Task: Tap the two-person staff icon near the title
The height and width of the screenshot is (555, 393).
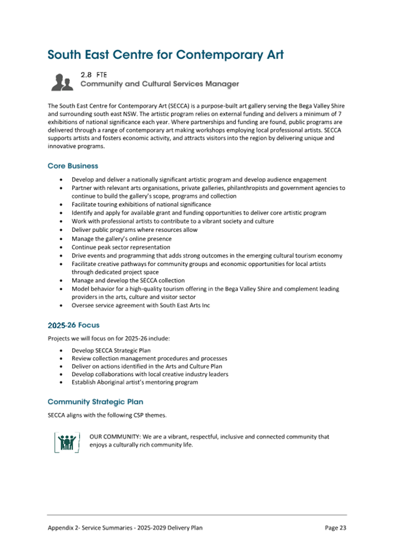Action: point(62,82)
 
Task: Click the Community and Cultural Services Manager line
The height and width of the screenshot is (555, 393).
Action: point(159,84)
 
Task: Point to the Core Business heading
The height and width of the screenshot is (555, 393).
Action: point(73,166)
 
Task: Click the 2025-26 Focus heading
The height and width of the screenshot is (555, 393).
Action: point(76,325)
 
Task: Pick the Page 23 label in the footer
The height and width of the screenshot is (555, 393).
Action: point(335,528)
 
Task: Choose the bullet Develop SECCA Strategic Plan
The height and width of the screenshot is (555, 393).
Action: point(111,351)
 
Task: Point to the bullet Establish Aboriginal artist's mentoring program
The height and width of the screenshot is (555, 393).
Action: point(134,383)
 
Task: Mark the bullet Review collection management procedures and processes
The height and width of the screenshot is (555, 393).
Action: point(149,359)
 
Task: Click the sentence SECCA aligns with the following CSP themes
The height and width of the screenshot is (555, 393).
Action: point(107,415)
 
